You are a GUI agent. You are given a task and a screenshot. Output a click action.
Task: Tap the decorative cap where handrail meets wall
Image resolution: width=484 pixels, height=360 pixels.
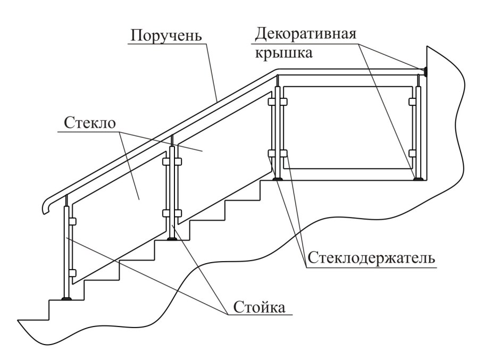(x=424, y=70)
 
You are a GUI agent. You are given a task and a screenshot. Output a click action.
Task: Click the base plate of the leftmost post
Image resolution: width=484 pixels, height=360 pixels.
(x=67, y=299)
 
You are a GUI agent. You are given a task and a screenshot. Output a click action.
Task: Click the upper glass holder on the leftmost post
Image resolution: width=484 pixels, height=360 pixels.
(x=72, y=221)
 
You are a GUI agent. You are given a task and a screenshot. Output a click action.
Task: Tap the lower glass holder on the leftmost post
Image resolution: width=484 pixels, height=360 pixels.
(x=72, y=273)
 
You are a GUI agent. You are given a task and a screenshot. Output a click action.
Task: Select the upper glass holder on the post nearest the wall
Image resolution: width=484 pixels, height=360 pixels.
(x=413, y=101)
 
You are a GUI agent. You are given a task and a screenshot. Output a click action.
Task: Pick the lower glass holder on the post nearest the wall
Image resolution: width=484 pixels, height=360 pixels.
(x=413, y=153)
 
